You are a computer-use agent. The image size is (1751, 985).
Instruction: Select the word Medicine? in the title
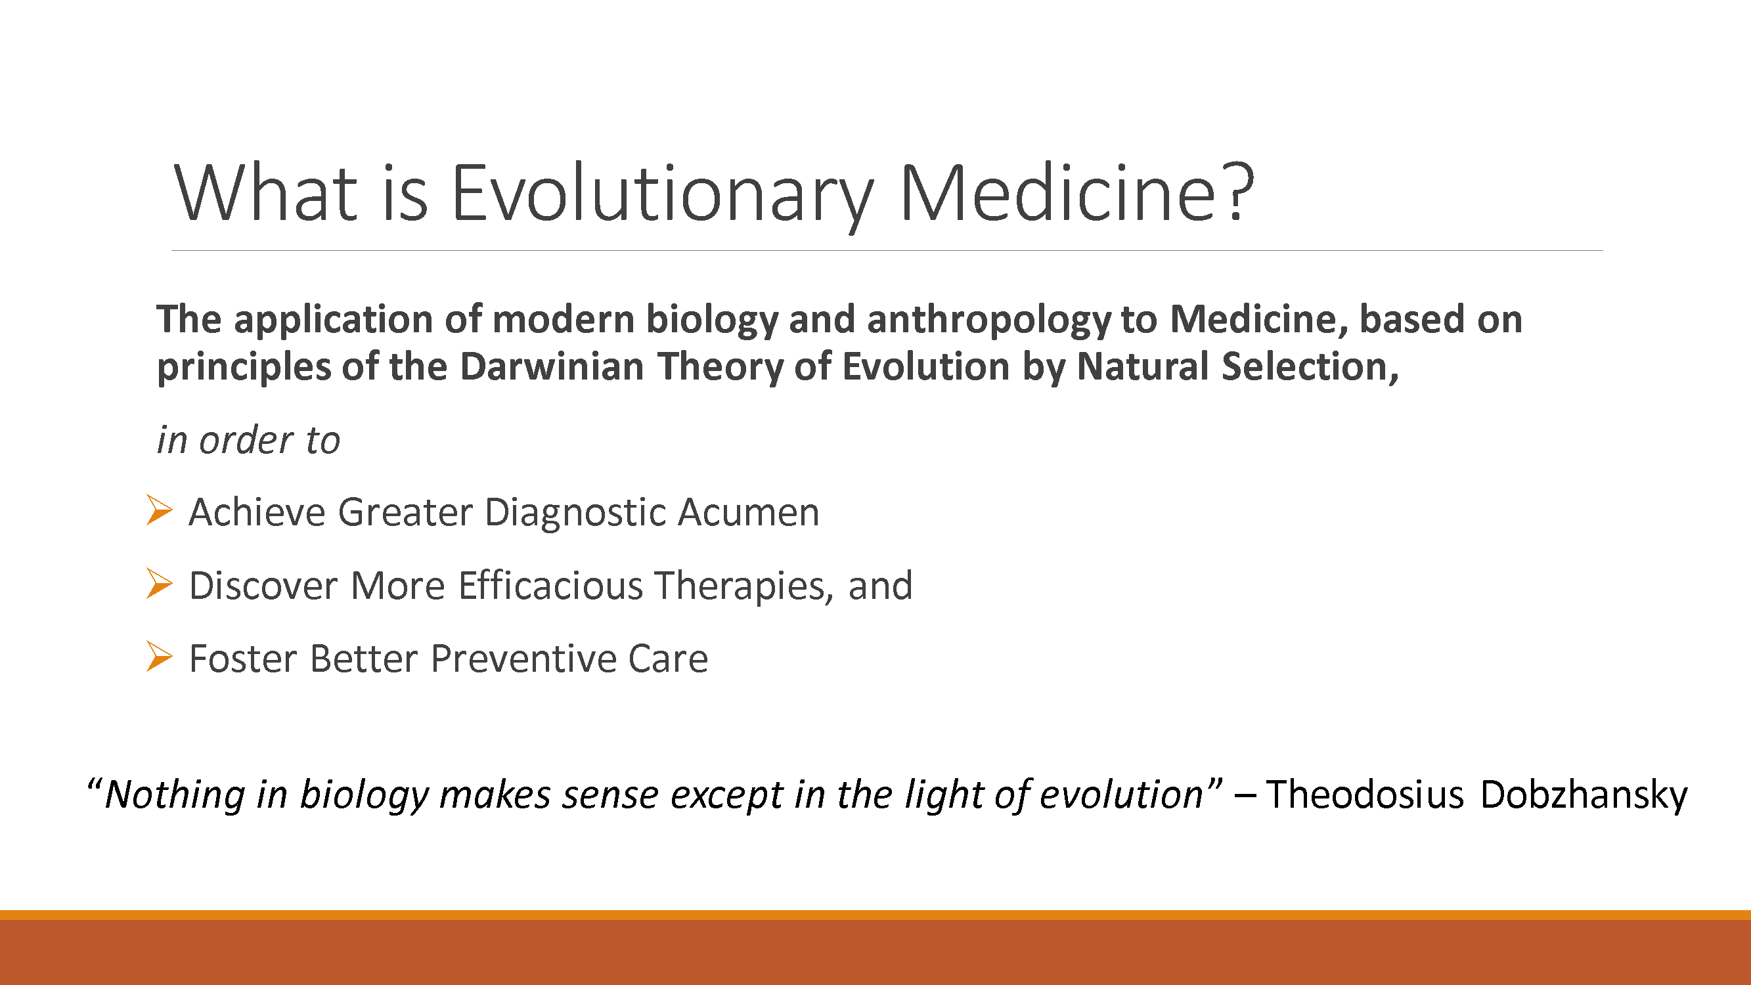[1076, 194]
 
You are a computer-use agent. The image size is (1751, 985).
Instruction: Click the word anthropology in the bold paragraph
[988, 320]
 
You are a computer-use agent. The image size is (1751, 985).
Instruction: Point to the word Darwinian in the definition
[551, 367]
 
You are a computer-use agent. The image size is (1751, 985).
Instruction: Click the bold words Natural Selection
[1231, 367]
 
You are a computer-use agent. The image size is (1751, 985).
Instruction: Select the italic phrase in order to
[248, 441]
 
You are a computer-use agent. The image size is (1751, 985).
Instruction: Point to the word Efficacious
[550, 586]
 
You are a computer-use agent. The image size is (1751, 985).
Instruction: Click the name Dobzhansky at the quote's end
[1583, 795]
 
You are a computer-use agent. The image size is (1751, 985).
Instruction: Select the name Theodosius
[1364, 795]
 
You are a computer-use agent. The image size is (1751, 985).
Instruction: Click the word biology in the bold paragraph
[711, 320]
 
